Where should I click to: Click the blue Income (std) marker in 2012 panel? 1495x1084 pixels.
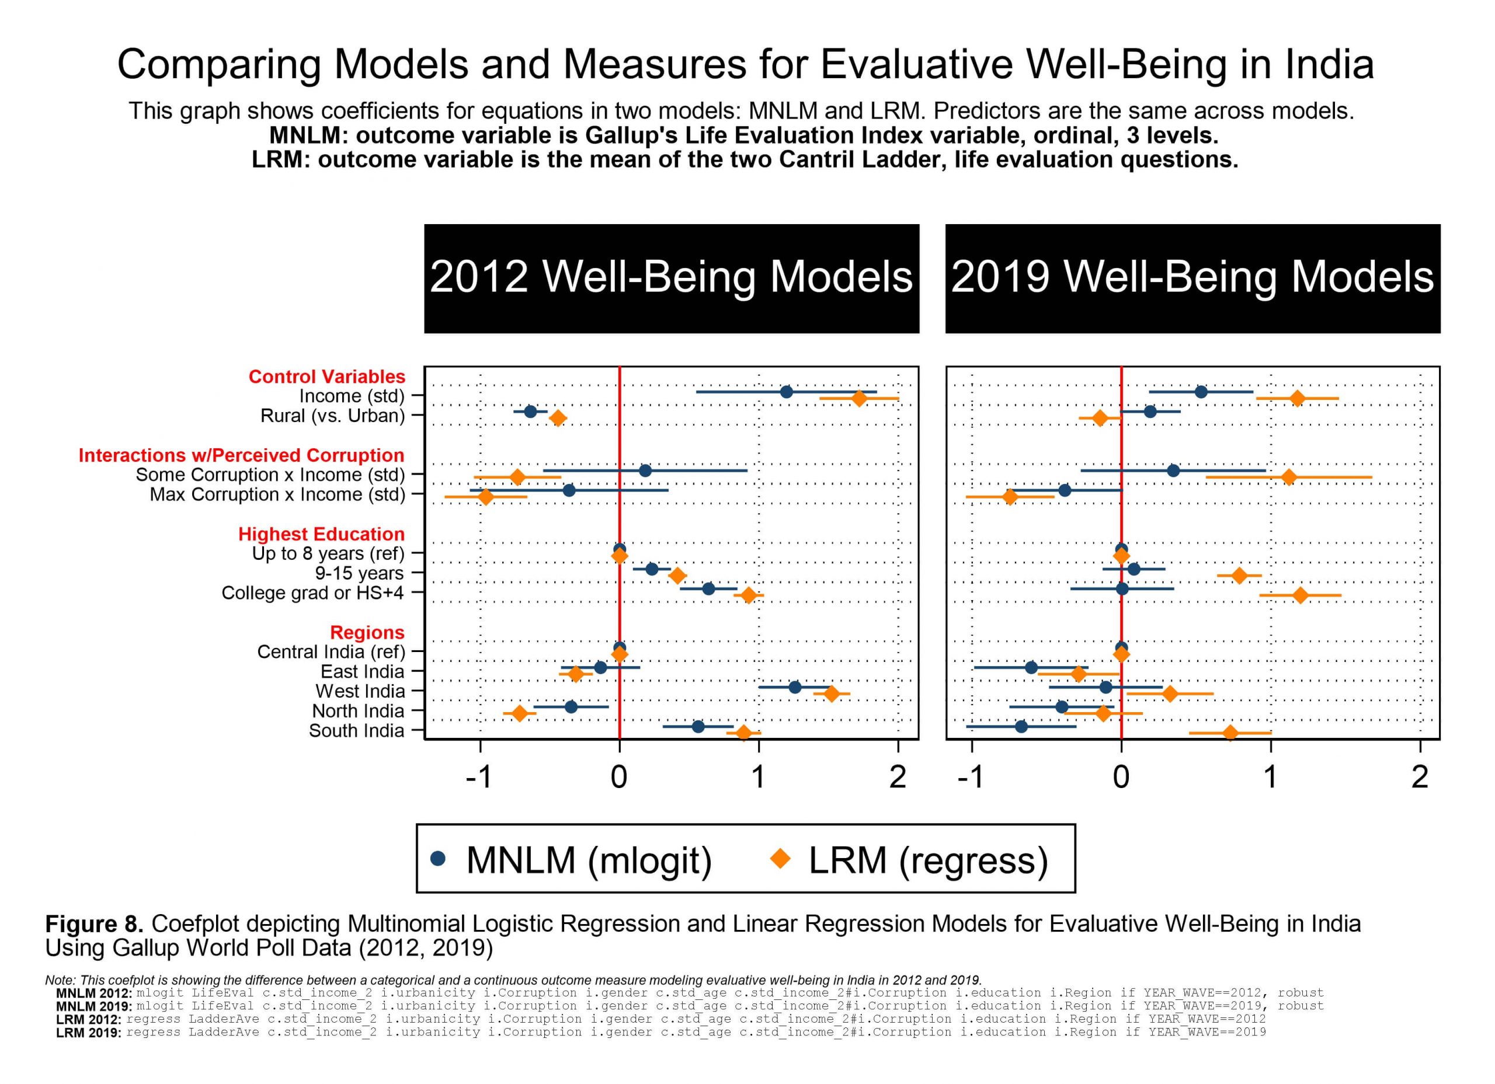click(x=787, y=392)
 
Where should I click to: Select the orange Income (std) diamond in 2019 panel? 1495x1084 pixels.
click(x=1297, y=398)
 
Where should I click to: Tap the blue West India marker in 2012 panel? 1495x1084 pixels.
click(x=795, y=687)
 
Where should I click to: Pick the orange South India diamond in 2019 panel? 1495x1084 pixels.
click(x=1230, y=733)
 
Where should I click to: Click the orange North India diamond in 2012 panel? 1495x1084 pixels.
click(x=519, y=713)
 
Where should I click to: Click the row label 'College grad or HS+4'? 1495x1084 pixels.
click(x=312, y=592)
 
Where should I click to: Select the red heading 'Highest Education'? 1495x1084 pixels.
click(x=321, y=534)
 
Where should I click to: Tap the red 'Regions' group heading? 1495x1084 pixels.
click(x=367, y=632)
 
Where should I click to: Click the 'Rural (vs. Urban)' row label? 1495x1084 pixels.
click(x=332, y=416)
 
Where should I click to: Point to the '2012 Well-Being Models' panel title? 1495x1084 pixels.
click(x=671, y=277)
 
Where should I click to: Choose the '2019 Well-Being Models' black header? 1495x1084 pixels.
click(x=1192, y=277)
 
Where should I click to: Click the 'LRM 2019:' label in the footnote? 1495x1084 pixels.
click(x=88, y=1033)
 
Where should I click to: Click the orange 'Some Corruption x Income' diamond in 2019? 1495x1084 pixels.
click(x=1289, y=477)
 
